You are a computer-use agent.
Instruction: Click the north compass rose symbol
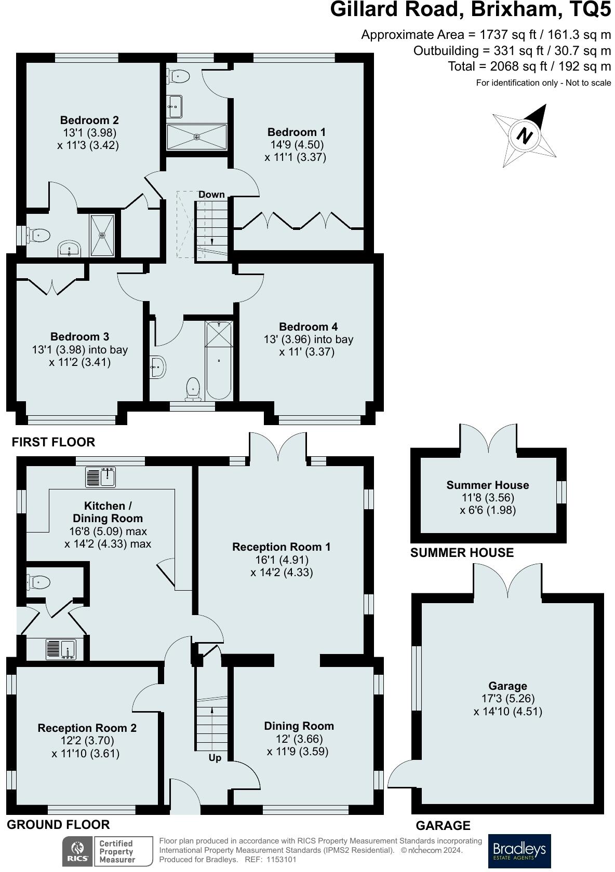tap(525, 136)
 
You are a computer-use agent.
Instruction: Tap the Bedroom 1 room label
tap(296, 132)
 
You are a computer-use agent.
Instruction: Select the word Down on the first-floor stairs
tap(211, 195)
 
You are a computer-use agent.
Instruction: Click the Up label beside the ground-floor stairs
tap(215, 758)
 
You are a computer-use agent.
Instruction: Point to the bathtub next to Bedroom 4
tap(219, 360)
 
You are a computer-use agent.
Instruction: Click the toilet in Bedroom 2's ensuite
tap(39, 236)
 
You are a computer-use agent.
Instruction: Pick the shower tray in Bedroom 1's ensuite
tap(197, 137)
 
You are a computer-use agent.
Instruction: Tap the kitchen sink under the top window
tap(101, 477)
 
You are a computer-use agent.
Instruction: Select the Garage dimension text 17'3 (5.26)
tap(507, 699)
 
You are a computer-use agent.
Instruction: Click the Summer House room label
tap(487, 485)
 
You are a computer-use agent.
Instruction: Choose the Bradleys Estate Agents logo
tap(519, 851)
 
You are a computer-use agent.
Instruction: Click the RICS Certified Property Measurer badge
tap(108, 851)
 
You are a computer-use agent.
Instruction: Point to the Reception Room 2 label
tap(87, 728)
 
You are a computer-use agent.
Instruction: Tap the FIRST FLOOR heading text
tap(54, 442)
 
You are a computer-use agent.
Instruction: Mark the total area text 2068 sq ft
tap(529, 66)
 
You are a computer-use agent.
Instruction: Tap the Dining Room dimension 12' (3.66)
tap(298, 739)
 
